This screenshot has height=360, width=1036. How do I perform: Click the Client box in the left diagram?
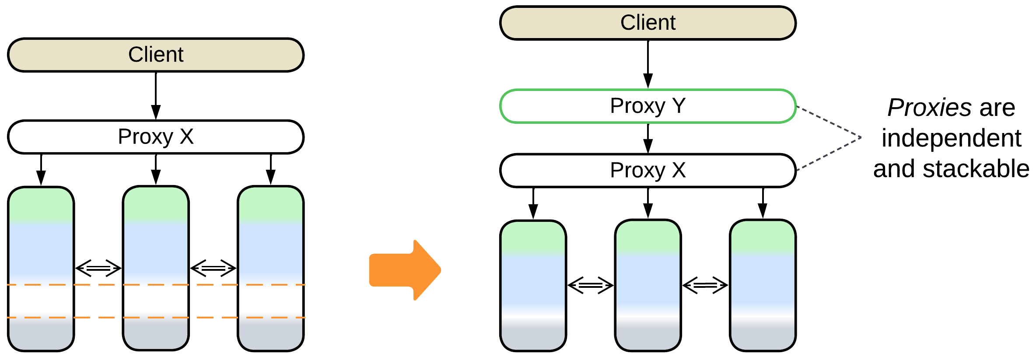click(x=156, y=55)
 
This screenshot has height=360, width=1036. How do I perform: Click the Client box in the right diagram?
click(x=647, y=23)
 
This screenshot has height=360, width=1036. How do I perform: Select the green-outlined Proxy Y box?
click(x=647, y=106)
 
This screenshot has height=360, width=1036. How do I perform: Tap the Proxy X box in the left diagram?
click(x=156, y=137)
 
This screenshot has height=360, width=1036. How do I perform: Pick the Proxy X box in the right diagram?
click(x=647, y=171)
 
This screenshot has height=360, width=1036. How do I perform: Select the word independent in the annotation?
click(x=951, y=138)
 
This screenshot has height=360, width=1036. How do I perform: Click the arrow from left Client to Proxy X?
click(x=156, y=96)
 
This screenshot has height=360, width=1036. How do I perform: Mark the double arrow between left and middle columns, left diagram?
click(x=98, y=268)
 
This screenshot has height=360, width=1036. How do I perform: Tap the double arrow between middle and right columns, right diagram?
click(x=705, y=285)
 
